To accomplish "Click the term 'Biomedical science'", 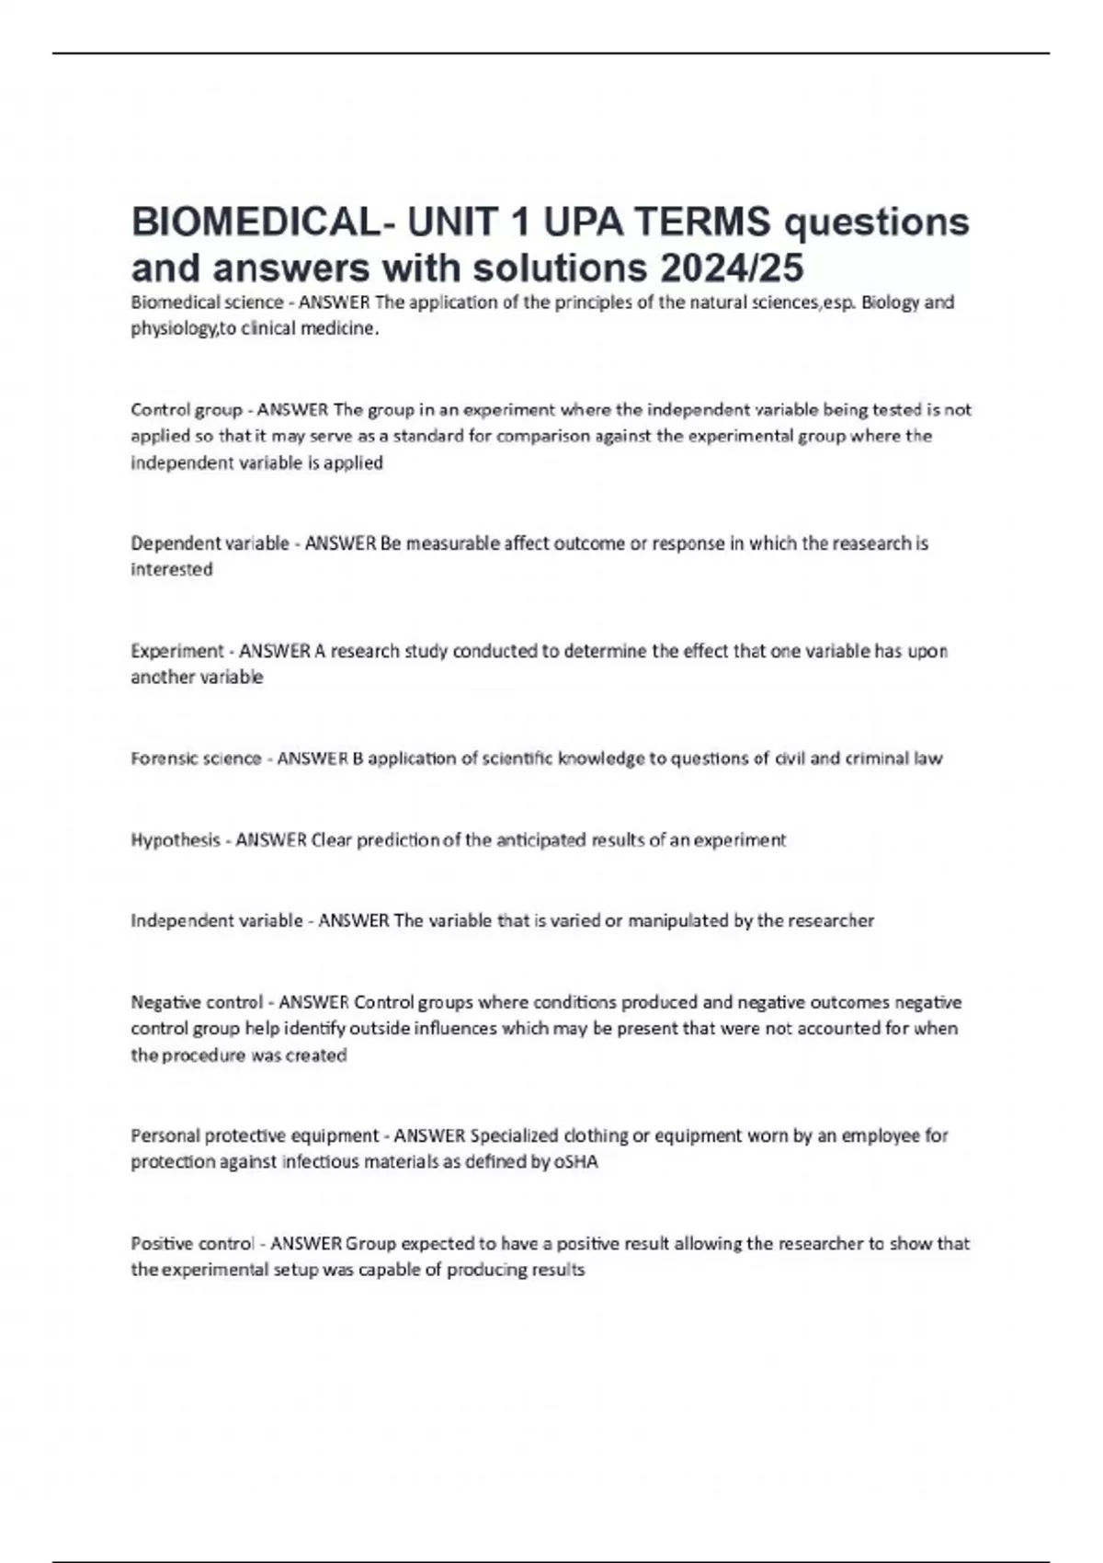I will (207, 302).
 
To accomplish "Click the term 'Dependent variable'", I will (210, 543).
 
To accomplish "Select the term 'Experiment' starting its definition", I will (176, 651).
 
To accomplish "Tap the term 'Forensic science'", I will (196, 759).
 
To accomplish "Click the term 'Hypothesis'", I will (176, 839).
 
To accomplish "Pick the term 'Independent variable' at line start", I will (216, 920).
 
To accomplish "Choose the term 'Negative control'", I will (197, 1002).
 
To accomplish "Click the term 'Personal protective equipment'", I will (255, 1135).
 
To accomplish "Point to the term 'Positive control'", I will (192, 1244).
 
